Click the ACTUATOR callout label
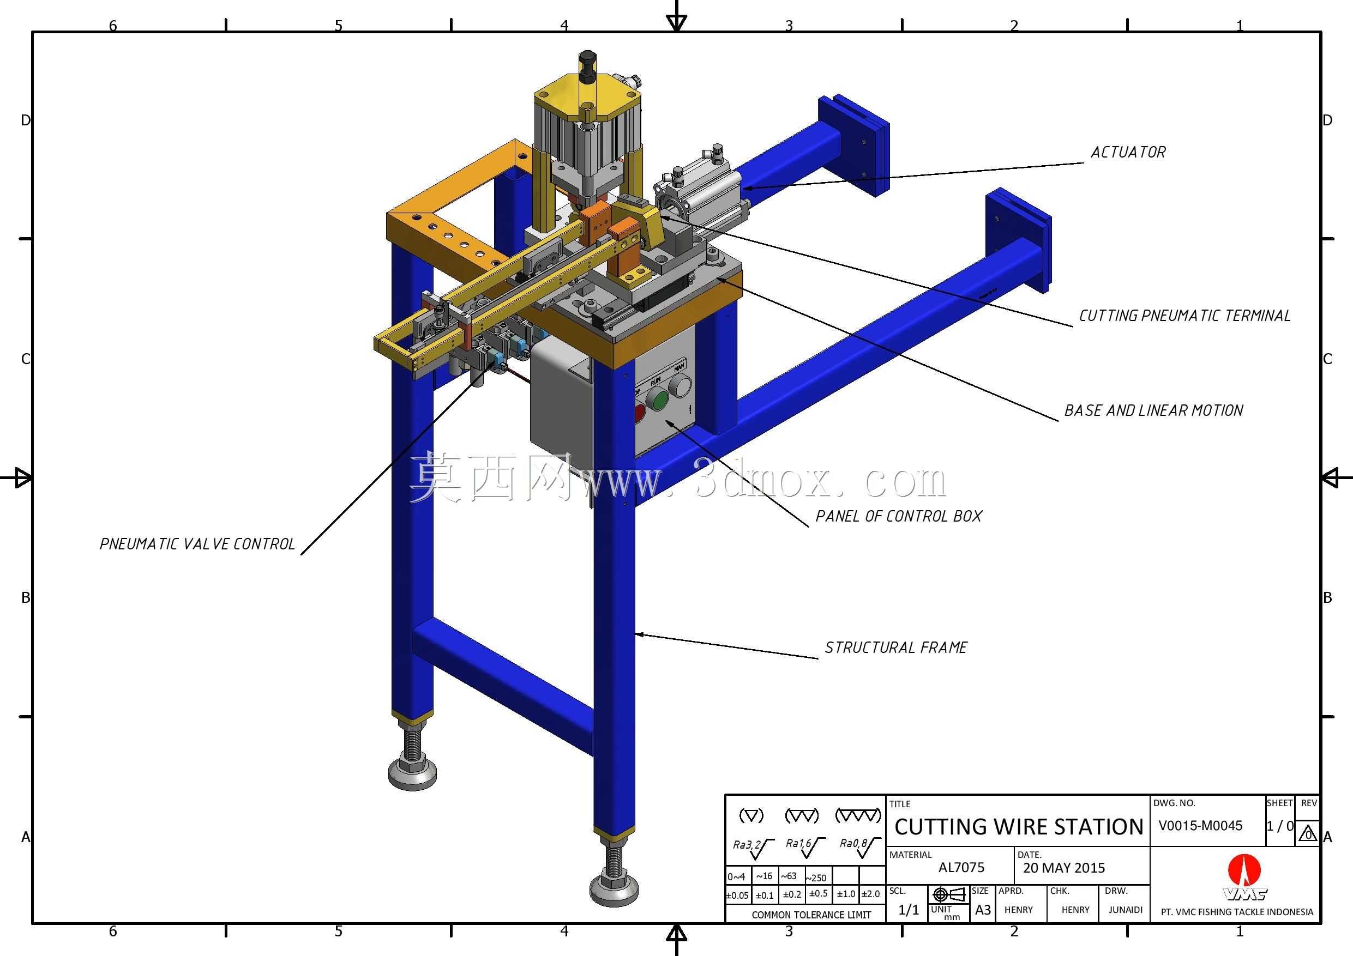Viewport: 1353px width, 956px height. (1128, 153)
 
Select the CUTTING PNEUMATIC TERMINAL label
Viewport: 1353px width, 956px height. (1184, 316)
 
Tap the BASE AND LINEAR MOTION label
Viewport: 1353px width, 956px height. (1154, 410)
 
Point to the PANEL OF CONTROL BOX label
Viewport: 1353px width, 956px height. (899, 516)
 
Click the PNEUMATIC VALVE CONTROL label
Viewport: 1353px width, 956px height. (197, 543)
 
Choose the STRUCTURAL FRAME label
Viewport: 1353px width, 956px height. (895, 648)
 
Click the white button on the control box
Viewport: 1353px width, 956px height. (681, 386)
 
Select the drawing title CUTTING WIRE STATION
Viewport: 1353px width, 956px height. (1019, 827)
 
